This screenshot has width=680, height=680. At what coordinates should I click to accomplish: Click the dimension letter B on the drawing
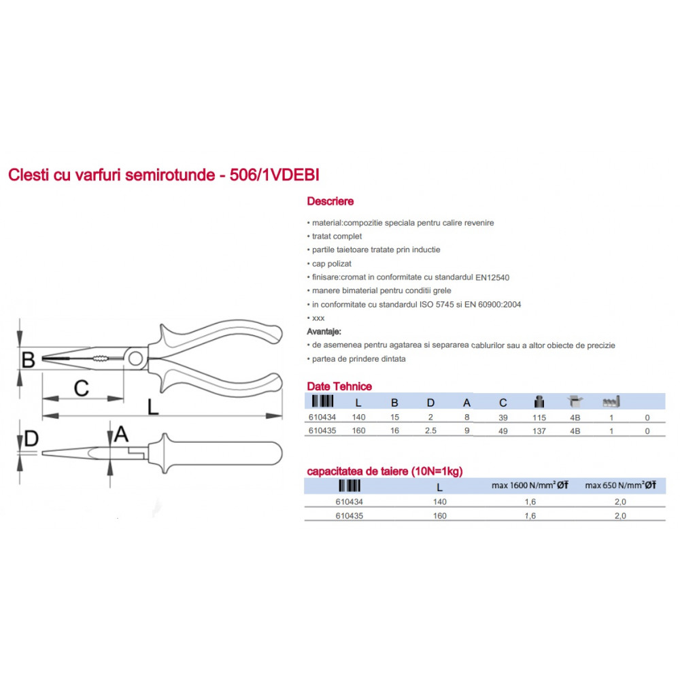28,360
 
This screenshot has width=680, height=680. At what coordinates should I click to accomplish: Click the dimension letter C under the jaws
81,388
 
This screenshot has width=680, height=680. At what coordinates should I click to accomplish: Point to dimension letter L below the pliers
152,407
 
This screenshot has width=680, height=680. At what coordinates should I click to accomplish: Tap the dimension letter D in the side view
31,439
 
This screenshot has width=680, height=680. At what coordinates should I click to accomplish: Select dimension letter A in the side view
121,434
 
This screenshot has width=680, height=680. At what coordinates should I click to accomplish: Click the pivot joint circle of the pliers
135,358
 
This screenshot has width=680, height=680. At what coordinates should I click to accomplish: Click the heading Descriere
330,201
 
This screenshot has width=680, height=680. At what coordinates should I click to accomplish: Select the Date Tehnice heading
339,386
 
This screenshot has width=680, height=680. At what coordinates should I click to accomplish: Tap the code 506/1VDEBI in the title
275,175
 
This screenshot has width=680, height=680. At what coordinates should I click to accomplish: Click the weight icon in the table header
539,402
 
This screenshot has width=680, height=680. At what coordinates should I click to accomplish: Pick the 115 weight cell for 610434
539,418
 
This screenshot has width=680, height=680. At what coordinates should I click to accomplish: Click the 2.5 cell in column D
430,430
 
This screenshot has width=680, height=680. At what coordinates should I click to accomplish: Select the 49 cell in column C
503,431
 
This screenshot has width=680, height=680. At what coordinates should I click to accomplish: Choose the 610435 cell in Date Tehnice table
322,430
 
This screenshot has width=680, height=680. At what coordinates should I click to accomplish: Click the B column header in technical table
394,403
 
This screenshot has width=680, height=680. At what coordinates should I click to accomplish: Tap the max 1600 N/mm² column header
530,486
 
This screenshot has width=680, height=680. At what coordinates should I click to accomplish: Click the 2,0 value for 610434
620,502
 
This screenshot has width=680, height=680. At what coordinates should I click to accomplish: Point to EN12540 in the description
492,277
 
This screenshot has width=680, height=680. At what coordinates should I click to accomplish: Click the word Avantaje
324,332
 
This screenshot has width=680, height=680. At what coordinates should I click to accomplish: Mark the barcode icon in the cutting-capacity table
350,486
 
